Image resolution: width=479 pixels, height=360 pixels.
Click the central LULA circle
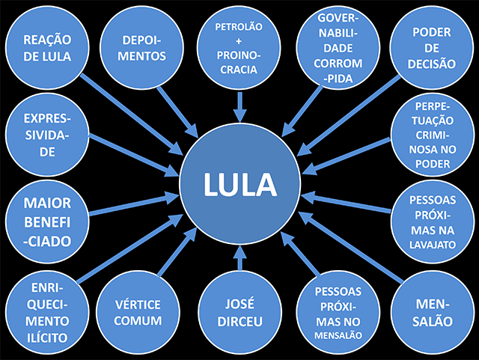[x=240, y=184]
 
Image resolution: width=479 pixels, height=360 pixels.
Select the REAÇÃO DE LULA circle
[x=47, y=48]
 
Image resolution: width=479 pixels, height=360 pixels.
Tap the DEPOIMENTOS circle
[x=141, y=48]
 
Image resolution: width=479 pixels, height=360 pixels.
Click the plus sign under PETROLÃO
[x=239, y=41]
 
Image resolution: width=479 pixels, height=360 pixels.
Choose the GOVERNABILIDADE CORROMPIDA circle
[x=338, y=48]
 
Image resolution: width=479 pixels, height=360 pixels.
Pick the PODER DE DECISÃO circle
[x=432, y=48]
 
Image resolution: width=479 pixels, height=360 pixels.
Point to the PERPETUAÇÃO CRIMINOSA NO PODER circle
[x=433, y=135]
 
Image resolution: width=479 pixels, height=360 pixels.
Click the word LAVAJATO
[x=433, y=245]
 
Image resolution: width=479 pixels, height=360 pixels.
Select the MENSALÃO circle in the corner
[x=433, y=313]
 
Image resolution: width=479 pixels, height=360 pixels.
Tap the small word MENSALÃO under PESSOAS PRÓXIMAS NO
[x=338, y=335]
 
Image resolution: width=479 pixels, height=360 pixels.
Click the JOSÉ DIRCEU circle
[x=239, y=313]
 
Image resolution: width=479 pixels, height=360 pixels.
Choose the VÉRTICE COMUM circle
[x=138, y=313]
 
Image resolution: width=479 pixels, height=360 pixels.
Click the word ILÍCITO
[x=47, y=338]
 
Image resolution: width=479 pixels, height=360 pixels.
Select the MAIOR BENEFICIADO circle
[x=47, y=222]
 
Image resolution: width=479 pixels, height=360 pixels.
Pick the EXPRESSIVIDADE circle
[x=47, y=135]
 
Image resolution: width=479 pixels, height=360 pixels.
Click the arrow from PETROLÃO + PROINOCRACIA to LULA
[x=239, y=107]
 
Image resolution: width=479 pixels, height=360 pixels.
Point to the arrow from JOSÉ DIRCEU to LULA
[x=239, y=258]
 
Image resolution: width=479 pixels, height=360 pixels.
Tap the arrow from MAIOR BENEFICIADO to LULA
[x=134, y=204]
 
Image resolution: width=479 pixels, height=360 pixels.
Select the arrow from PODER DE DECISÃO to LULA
[x=349, y=116]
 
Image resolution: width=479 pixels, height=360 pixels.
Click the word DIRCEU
[x=239, y=322]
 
